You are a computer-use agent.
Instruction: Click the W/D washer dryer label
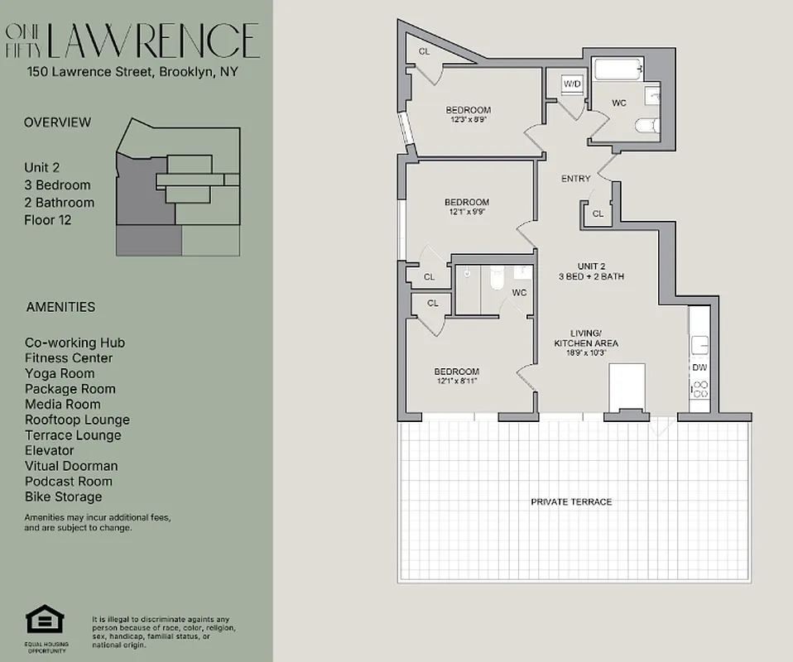[572, 84]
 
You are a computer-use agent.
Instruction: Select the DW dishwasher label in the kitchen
[699, 367]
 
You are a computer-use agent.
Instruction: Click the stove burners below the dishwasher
[699, 389]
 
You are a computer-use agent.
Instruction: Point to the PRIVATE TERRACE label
[571, 502]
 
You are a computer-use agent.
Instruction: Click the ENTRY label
[575, 179]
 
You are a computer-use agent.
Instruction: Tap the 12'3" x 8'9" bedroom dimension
[468, 119]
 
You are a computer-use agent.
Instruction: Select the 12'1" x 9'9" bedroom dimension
[467, 212]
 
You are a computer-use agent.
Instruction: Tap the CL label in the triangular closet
[424, 52]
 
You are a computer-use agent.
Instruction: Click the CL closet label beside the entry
[598, 213]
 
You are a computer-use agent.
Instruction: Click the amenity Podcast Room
[69, 482]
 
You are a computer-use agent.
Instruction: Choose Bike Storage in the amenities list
[64, 496]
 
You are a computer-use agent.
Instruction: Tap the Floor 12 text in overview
[48, 220]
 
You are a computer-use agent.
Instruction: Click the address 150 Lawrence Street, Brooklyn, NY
[132, 72]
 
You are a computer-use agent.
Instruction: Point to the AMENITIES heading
[60, 307]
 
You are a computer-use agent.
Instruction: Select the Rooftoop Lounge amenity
[77, 420]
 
